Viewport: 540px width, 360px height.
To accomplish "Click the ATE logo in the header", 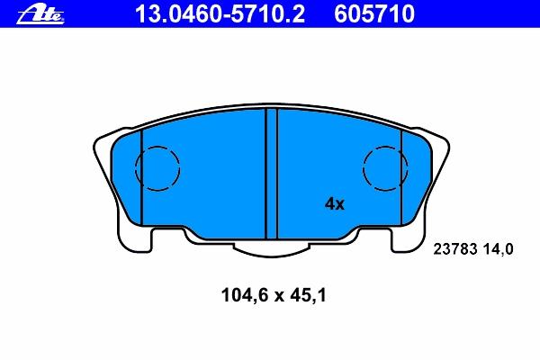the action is click(40, 15).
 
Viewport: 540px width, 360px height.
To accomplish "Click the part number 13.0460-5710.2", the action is click(220, 14).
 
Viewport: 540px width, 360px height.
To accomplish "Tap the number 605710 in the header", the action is click(374, 14).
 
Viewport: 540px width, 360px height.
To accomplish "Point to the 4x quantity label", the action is click(335, 204).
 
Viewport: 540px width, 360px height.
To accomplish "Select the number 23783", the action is click(454, 248).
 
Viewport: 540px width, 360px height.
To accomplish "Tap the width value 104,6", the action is click(244, 295).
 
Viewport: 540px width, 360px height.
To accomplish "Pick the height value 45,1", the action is click(308, 295).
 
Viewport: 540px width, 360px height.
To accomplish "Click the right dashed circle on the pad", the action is click(363, 168).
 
